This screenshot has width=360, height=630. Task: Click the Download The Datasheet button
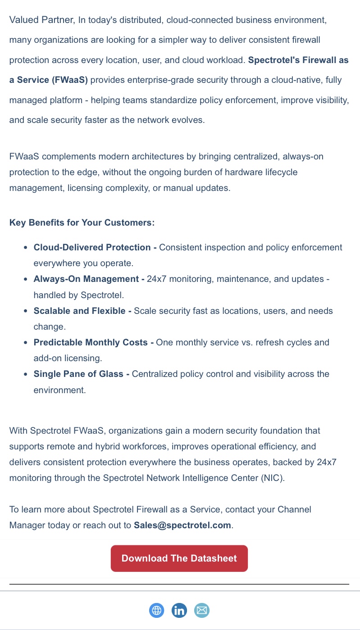(179, 558)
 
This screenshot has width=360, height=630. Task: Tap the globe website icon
(157, 611)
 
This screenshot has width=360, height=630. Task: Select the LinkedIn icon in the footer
(179, 611)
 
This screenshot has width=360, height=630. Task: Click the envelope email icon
(202, 611)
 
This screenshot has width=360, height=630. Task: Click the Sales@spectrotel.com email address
(182, 525)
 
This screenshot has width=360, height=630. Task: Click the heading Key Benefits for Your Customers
(82, 223)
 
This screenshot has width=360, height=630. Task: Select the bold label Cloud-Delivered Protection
(92, 247)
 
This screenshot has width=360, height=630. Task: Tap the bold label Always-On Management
(86, 279)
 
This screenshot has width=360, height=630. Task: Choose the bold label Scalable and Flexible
(79, 311)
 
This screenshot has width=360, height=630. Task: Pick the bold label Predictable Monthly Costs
(91, 342)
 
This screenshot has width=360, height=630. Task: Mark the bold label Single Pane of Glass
(78, 374)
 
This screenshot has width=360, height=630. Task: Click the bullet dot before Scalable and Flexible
(26, 311)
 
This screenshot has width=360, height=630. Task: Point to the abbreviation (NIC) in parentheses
(273, 478)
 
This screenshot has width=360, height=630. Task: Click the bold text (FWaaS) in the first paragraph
(70, 80)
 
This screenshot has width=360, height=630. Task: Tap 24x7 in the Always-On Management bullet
(156, 279)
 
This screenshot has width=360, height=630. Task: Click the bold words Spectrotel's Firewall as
(298, 60)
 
